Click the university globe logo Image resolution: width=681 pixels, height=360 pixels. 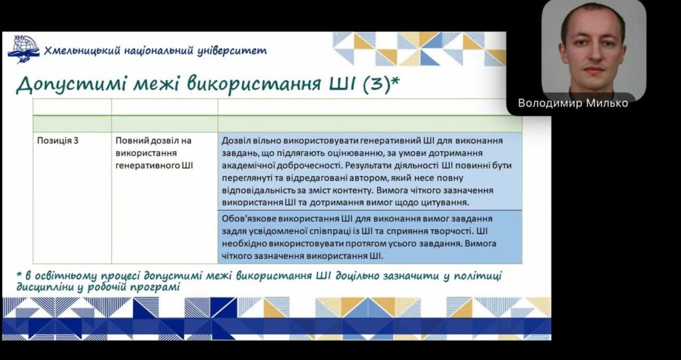(x=23, y=49)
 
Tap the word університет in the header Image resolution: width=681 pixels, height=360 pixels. (x=232, y=51)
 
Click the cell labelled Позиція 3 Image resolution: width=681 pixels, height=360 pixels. (x=58, y=140)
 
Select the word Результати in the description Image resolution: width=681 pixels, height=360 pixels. (x=356, y=166)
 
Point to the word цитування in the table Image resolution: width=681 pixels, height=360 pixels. (x=448, y=202)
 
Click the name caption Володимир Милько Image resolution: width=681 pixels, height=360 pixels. (x=573, y=103)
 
